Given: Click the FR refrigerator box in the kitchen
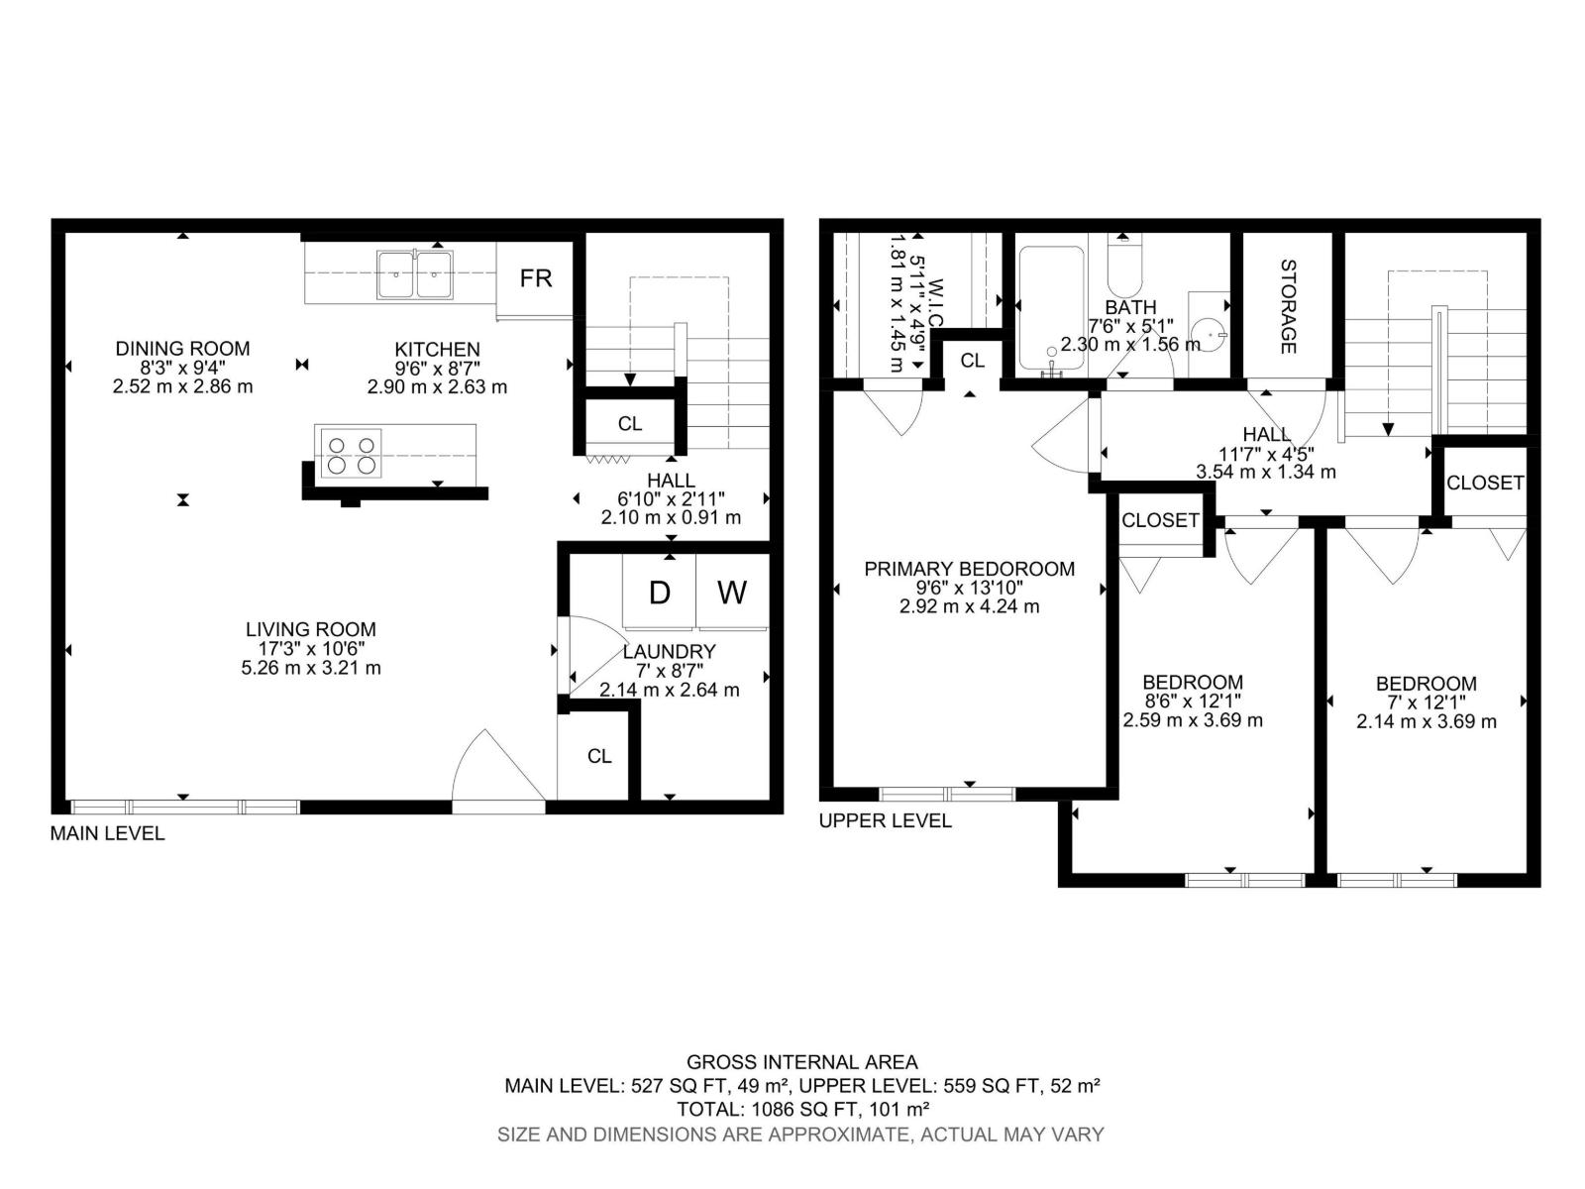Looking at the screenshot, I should click(x=535, y=278).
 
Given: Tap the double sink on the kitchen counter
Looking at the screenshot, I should click(x=414, y=273).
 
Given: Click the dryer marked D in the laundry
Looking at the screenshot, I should click(x=659, y=593).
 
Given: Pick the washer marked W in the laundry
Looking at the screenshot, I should click(x=732, y=593).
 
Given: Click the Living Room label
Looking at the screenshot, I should click(x=310, y=629).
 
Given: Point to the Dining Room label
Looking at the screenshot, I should click(x=182, y=349).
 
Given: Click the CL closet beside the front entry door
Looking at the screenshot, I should click(x=598, y=756).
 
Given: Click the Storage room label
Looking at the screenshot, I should click(x=1288, y=306).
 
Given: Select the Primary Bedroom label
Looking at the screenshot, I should click(x=969, y=569).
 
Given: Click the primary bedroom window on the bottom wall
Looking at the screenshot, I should click(x=947, y=793).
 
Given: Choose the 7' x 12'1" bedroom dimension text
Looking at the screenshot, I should click(x=1426, y=703).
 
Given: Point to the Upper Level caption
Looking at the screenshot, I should click(x=885, y=820).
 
